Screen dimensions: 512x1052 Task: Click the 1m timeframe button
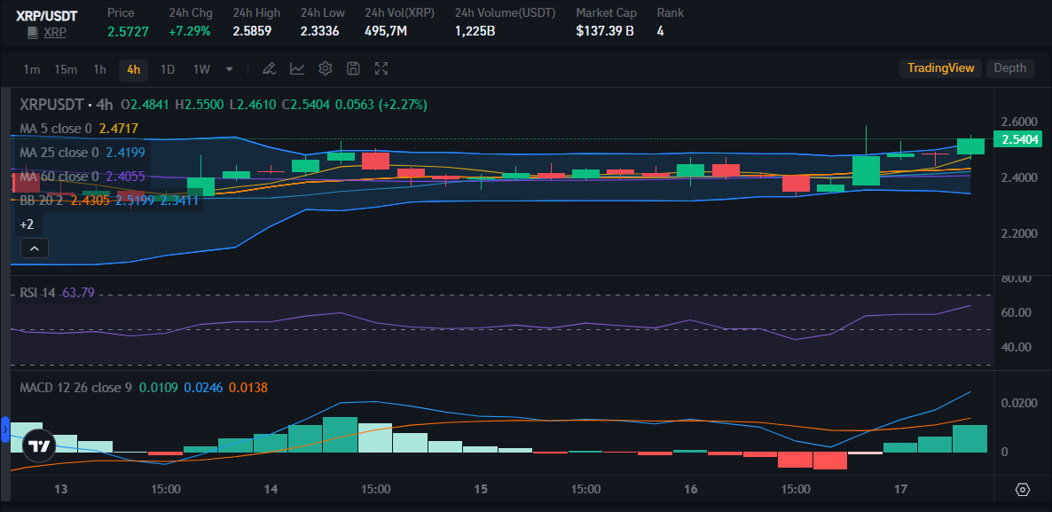[x=32, y=69]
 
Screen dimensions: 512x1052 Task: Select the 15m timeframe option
[x=66, y=69]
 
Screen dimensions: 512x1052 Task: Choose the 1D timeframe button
[x=167, y=69]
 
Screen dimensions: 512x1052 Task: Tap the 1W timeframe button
[x=201, y=69]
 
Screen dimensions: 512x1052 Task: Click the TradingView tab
[x=940, y=68]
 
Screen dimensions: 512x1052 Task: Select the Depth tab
[x=1009, y=68]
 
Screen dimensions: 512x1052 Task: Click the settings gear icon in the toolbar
[x=326, y=68]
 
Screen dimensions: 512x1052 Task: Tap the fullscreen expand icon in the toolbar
[x=381, y=68]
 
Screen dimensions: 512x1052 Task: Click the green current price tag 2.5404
[x=1020, y=139]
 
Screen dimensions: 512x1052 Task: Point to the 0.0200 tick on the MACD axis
[x=1017, y=403]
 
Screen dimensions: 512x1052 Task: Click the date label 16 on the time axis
[x=691, y=489]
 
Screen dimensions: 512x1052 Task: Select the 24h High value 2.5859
[x=252, y=31]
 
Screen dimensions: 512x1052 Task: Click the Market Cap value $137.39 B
[x=605, y=31]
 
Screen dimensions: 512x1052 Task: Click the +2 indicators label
[x=27, y=225]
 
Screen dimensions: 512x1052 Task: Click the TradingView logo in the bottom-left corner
[x=37, y=446]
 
